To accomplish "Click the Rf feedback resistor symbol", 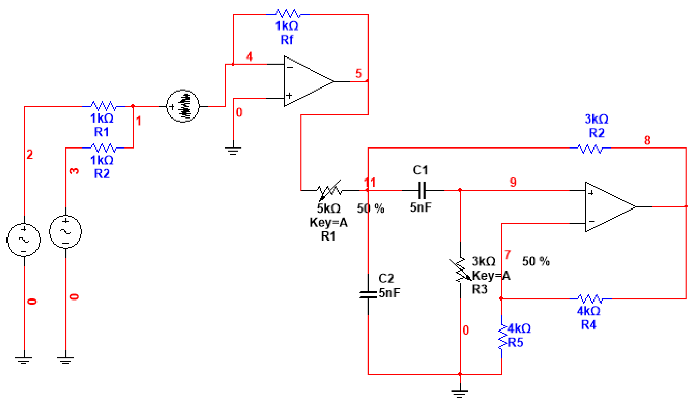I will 288,13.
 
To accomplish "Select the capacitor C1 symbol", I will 422,190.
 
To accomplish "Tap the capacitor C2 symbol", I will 368,295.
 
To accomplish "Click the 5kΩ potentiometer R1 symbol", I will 329,190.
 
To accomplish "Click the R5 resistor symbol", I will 502,337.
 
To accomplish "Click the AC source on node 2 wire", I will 23,240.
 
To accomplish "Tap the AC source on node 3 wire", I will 66,231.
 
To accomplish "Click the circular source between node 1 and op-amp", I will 183,106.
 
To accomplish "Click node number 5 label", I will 359,73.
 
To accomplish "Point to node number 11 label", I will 370,182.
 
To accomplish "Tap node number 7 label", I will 507,254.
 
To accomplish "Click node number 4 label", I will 250,56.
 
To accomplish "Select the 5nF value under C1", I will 421,207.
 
